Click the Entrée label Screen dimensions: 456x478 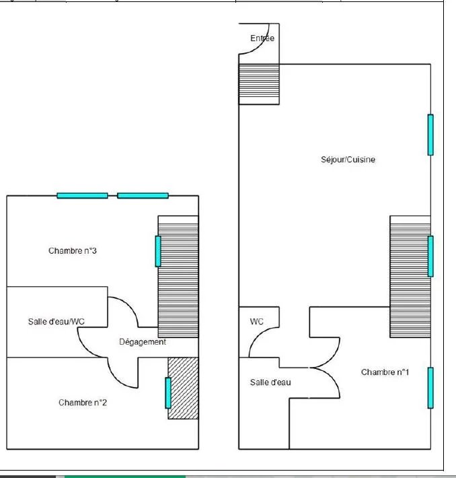(262, 38)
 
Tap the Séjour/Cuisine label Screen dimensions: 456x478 (348, 160)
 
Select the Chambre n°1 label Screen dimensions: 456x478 (385, 372)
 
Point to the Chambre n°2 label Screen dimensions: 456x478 (83, 403)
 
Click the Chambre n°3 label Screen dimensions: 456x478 (73, 250)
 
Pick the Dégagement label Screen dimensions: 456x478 (143, 342)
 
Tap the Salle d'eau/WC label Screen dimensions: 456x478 (56, 322)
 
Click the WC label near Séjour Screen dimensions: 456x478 (256, 322)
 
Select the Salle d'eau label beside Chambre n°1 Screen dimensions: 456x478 (270, 382)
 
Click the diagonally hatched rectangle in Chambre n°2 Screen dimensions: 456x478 (183, 388)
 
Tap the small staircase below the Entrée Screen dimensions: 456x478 (259, 84)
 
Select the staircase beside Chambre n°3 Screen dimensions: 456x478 (178, 277)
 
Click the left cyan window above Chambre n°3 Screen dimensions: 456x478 (82, 196)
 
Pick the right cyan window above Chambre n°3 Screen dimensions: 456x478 (143, 196)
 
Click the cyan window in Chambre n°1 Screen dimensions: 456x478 (430, 388)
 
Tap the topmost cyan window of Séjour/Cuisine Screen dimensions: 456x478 (430, 135)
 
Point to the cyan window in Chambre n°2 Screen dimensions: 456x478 (168, 393)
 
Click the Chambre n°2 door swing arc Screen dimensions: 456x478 (116, 379)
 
